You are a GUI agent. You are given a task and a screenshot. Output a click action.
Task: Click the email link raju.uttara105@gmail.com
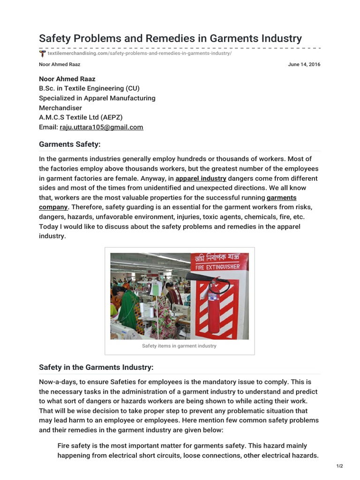click(x=101, y=127)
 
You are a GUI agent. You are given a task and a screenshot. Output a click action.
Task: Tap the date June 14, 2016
click(x=304, y=65)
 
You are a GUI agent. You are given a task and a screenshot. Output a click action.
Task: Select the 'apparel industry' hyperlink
click(x=201, y=179)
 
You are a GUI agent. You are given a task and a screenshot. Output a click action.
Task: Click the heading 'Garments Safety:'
click(x=70, y=144)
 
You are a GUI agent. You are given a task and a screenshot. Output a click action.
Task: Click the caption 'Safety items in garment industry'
click(x=179, y=346)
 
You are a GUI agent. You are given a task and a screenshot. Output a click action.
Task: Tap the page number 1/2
click(x=339, y=466)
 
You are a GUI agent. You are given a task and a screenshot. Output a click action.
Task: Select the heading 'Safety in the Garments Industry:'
click(x=96, y=367)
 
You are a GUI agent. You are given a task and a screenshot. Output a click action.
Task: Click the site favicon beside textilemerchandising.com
click(x=43, y=53)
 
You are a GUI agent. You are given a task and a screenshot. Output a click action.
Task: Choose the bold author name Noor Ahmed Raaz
click(x=67, y=79)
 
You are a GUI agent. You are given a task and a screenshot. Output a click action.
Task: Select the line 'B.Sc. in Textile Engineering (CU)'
click(x=89, y=88)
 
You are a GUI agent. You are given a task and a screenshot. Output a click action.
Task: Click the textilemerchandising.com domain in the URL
click(x=77, y=53)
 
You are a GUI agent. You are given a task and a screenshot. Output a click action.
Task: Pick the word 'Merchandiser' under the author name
click(x=60, y=108)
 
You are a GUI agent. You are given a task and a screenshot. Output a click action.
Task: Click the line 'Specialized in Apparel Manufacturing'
click(x=97, y=98)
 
